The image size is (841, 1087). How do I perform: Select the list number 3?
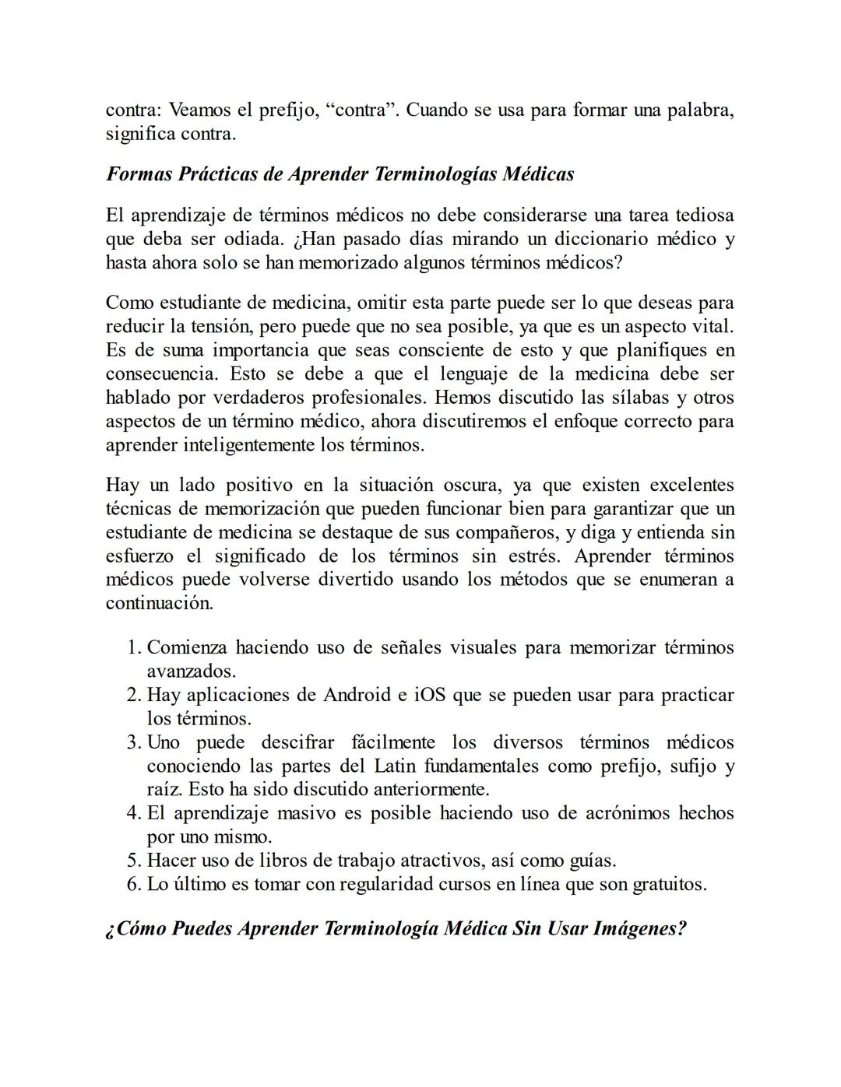(133, 742)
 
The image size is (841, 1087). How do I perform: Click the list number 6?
(133, 885)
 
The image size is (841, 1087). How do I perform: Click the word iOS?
(429, 695)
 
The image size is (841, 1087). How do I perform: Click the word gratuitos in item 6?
(669, 885)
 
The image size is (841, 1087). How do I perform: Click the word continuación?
(159, 604)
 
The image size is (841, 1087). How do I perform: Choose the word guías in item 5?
(589, 861)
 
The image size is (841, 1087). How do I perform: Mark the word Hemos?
(460, 398)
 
